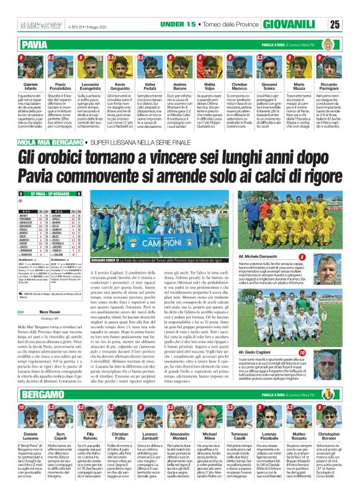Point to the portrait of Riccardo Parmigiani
327,66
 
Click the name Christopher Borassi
327,439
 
